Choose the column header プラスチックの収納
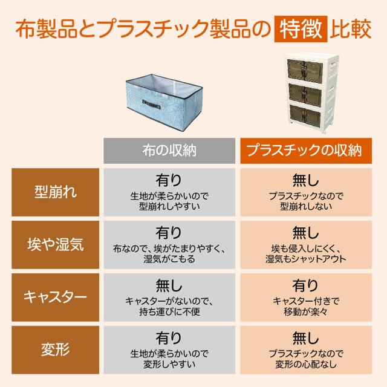point(305,151)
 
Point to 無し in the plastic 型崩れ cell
point(305,180)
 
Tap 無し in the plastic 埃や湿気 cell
point(305,232)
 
